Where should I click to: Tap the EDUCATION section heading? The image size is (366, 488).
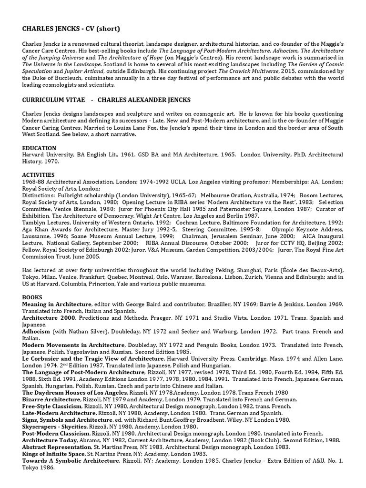pos(39,148)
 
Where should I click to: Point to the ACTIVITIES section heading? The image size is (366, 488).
pos(38,175)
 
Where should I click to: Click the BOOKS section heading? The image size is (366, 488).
pos(32,297)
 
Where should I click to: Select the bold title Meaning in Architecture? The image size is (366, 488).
pos(57,304)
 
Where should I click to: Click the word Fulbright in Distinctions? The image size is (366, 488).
pos(70,195)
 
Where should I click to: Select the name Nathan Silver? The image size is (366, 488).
pos(84,331)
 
